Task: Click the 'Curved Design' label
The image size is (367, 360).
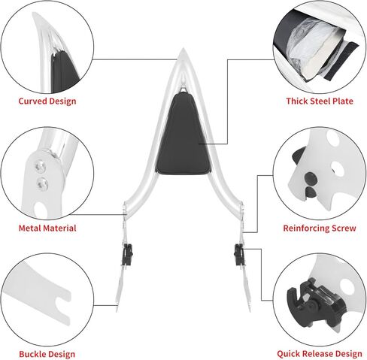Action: (x=47, y=101)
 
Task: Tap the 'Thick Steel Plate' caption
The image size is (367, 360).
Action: (x=320, y=101)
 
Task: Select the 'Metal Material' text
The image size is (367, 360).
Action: (x=47, y=228)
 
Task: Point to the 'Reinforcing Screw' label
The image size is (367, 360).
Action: (x=320, y=228)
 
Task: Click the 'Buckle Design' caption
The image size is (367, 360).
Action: (x=47, y=354)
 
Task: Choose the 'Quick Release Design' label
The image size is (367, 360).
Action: (x=320, y=354)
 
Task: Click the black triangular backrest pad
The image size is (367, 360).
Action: (x=183, y=135)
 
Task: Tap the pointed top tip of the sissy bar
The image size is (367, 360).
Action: (x=183, y=48)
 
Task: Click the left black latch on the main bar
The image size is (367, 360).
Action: (x=128, y=254)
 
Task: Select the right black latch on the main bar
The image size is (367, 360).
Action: (x=239, y=254)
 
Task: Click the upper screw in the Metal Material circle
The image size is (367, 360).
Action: (x=40, y=166)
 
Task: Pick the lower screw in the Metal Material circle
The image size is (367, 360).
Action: (x=42, y=183)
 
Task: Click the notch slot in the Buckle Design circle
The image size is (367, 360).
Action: (x=62, y=305)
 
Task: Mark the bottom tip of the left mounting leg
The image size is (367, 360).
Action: (x=117, y=310)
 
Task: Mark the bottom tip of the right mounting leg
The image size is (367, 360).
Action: (x=250, y=310)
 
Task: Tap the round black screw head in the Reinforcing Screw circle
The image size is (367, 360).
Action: (x=310, y=178)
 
